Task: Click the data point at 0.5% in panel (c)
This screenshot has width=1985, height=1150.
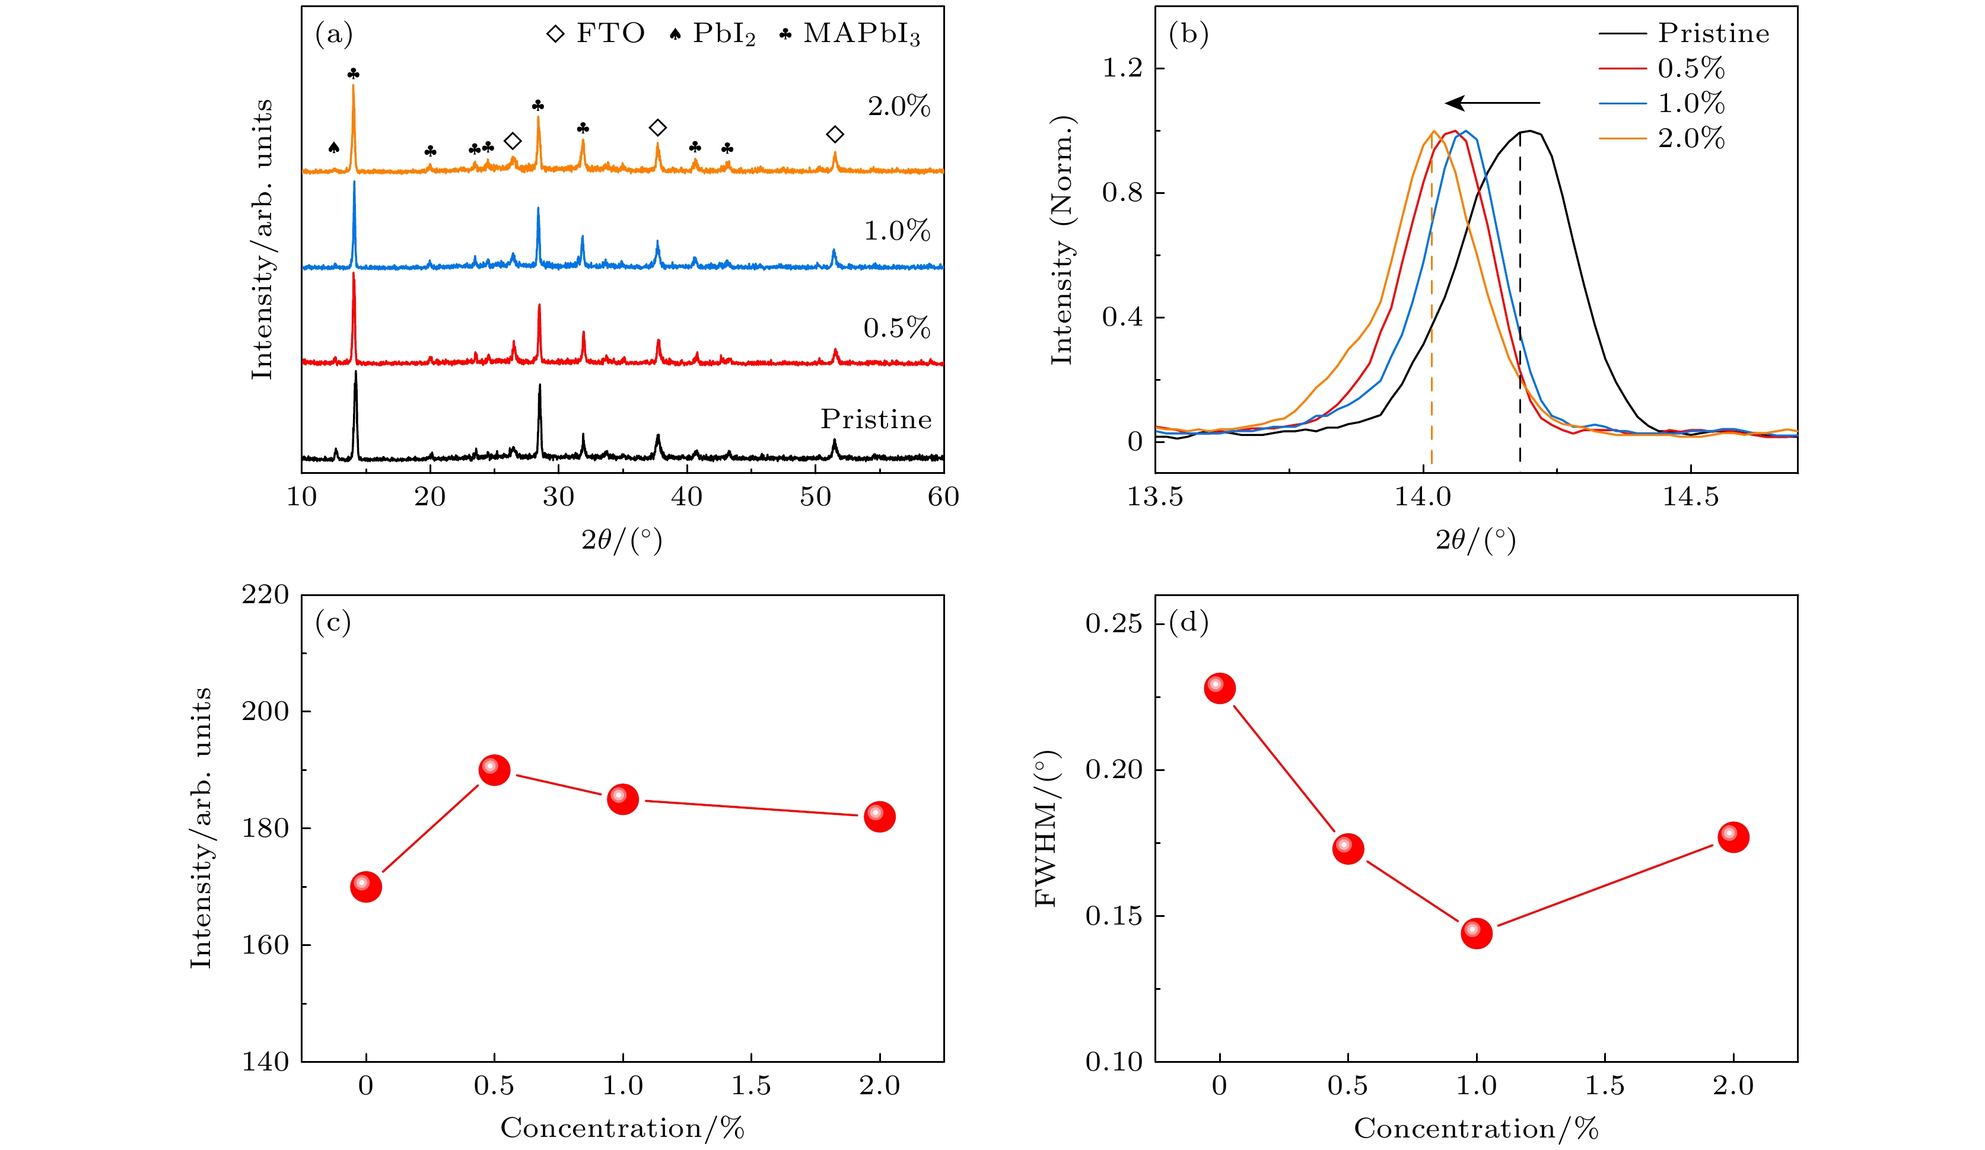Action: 494,770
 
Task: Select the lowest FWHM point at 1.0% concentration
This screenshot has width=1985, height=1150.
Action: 1476,932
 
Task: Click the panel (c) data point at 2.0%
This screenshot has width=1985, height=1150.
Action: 879,816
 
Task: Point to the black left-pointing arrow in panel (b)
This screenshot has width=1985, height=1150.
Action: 1492,103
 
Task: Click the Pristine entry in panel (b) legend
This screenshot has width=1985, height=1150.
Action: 1713,33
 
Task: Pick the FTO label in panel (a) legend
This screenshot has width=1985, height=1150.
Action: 610,33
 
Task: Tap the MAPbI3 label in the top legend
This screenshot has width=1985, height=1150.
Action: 861,34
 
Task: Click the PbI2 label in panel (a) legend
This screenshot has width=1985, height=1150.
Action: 723,34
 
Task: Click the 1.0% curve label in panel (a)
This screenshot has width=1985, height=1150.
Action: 897,231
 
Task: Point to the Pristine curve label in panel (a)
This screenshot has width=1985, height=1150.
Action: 876,419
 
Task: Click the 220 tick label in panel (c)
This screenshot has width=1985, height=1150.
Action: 265,595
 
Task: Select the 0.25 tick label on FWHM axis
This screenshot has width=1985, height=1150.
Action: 1113,624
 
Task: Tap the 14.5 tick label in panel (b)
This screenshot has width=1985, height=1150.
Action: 1690,497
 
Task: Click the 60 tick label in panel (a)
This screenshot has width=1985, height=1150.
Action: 943,497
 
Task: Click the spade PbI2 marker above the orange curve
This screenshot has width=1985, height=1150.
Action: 333,147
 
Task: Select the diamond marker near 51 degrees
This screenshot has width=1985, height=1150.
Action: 835,135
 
